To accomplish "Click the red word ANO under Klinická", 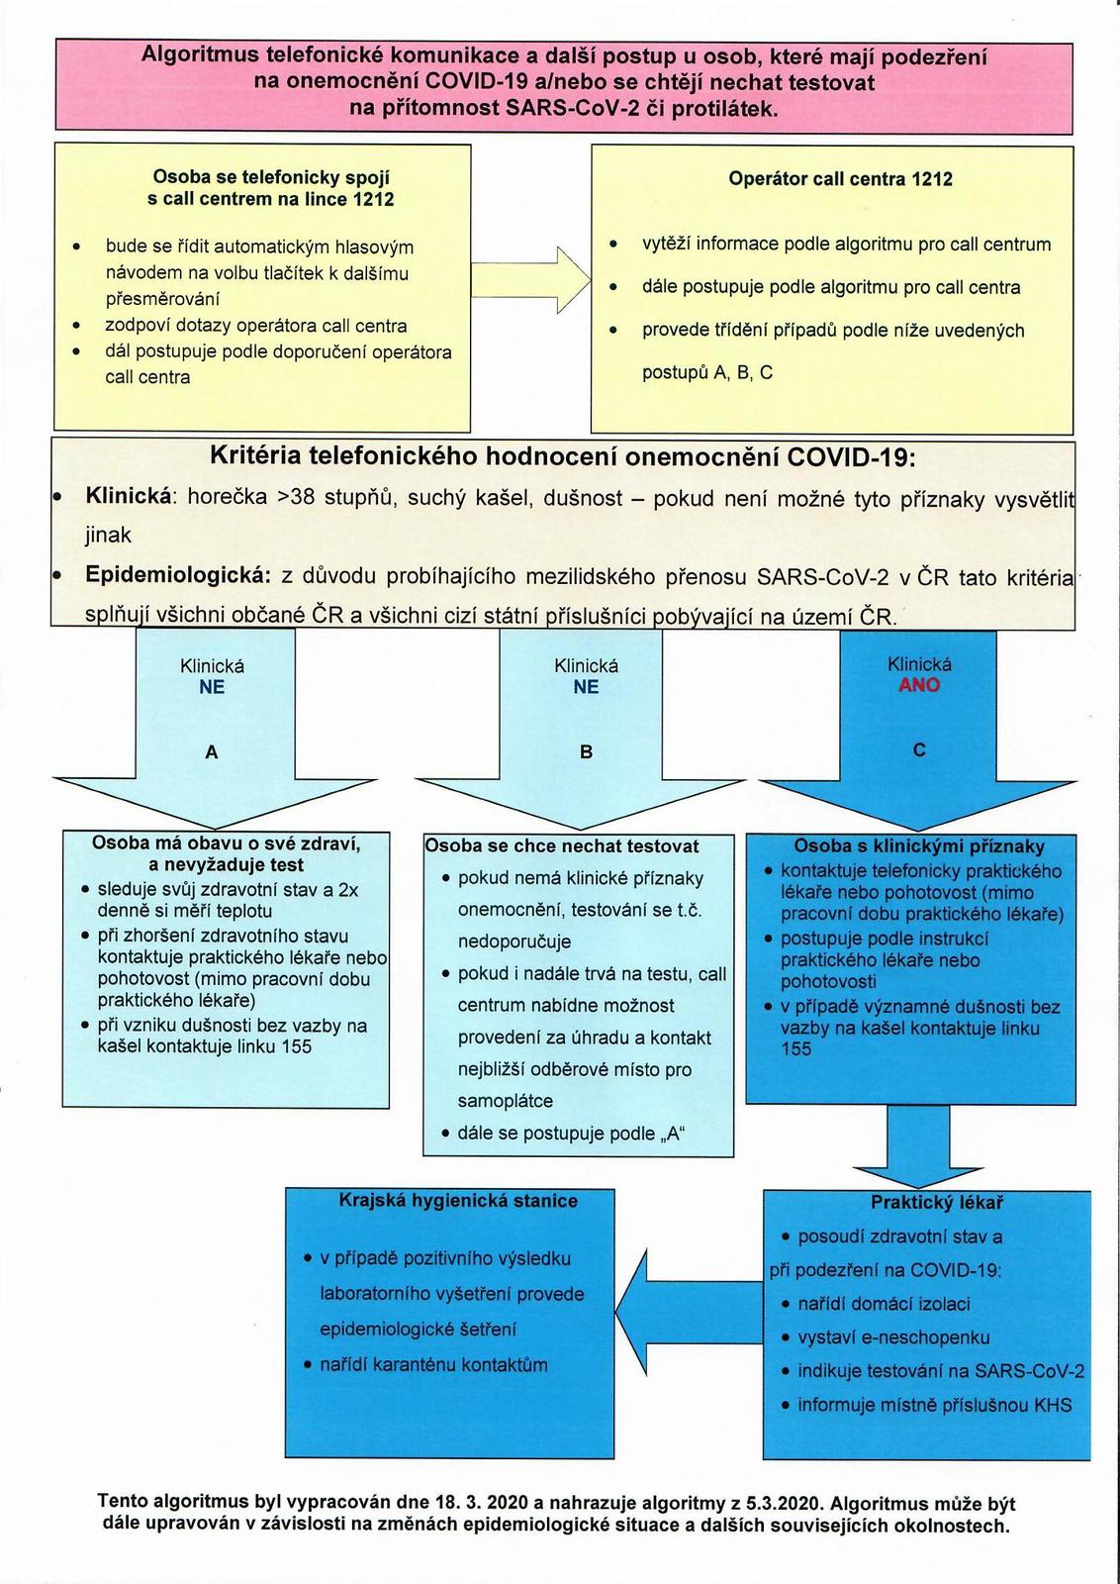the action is [918, 684].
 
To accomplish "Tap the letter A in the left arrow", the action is [212, 752].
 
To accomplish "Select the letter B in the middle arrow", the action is [586, 751].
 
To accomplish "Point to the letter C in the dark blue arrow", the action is [919, 748].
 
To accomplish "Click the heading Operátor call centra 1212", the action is [840, 178].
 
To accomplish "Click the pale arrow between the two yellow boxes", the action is [530, 280].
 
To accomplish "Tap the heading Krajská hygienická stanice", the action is [458, 1200].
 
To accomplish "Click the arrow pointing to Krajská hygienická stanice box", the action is [689, 1300].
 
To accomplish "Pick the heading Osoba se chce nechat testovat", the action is [562, 846].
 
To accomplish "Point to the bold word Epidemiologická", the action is [178, 574].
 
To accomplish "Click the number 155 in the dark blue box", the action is [796, 1048].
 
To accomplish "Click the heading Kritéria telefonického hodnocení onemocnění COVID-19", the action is [562, 456].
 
